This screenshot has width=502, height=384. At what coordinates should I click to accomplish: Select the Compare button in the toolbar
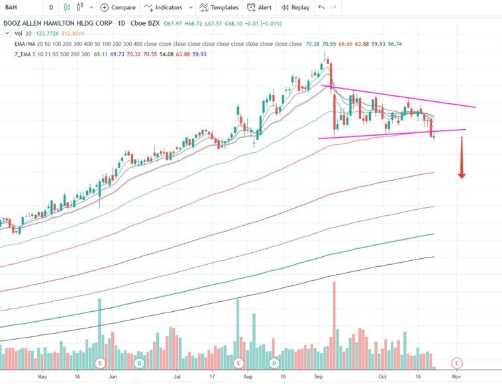click(118, 7)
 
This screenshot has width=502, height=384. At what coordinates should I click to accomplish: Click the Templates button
click(219, 7)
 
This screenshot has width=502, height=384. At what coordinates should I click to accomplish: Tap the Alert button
click(259, 7)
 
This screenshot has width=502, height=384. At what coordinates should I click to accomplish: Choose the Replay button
click(295, 7)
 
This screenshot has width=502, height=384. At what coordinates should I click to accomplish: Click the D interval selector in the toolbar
click(52, 7)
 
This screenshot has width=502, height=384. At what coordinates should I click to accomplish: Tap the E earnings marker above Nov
click(456, 363)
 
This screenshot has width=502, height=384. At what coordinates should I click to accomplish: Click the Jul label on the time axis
click(177, 375)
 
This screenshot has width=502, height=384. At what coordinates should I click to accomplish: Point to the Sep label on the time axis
click(319, 375)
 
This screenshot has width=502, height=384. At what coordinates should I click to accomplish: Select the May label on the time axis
click(44, 375)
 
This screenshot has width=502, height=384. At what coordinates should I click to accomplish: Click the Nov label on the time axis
click(456, 375)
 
